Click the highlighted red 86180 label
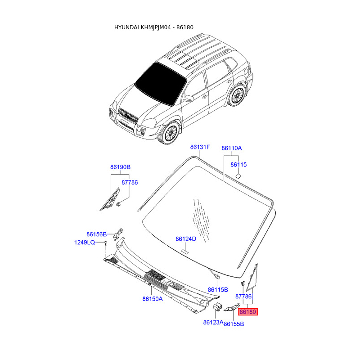pyautogui.click(x=248, y=311)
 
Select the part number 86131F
pyautogui.click(x=200, y=147)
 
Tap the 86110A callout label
pyautogui.click(x=232, y=148)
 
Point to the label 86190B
pyautogui.click(x=120, y=167)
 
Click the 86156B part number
pyautogui.click(x=96, y=234)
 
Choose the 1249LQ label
pyautogui.click(x=85, y=243)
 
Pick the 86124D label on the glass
pyautogui.click(x=186, y=239)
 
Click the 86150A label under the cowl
pyautogui.click(x=153, y=298)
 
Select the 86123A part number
pyautogui.click(x=213, y=322)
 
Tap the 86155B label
pyautogui.click(x=234, y=324)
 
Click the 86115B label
pyautogui.click(x=218, y=289)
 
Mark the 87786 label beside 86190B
pyautogui.click(x=130, y=182)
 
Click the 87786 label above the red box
pyautogui.click(x=243, y=297)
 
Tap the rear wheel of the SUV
pyautogui.click(x=237, y=95)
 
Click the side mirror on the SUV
pyautogui.click(x=189, y=98)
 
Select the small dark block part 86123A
pyautogui.click(x=216, y=307)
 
